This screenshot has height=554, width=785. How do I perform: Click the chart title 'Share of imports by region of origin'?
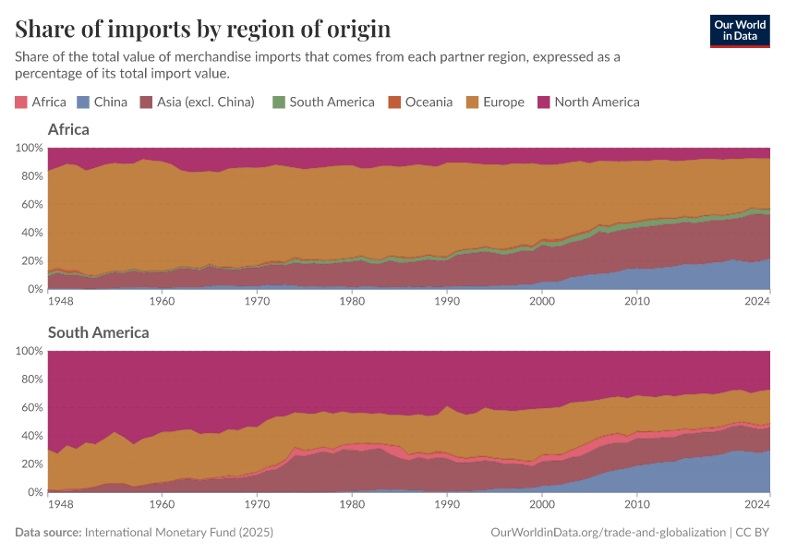pyautogui.click(x=202, y=29)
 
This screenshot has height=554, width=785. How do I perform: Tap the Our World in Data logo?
pyautogui.click(x=739, y=30)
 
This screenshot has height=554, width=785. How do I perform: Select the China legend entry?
pyautogui.click(x=110, y=102)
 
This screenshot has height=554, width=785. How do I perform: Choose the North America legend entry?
pyautogui.click(x=597, y=102)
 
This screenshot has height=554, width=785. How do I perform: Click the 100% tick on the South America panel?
pyautogui.click(x=28, y=351)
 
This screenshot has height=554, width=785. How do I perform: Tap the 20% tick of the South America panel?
pyautogui.click(x=30, y=464)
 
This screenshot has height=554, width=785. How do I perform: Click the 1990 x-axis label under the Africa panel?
pyautogui.click(x=446, y=302)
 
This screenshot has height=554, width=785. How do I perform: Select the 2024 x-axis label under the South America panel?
pyautogui.click(x=756, y=505)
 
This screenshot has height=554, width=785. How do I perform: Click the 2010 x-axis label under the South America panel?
pyautogui.click(x=636, y=505)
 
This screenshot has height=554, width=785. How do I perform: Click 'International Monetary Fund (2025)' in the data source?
pyautogui.click(x=178, y=533)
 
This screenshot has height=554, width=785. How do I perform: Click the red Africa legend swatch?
pyautogui.click(x=21, y=102)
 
